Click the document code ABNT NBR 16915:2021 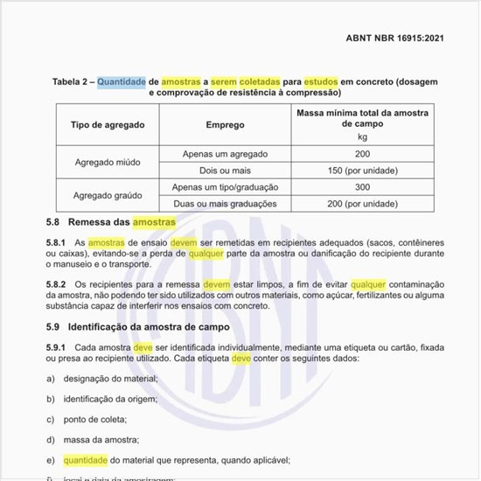pyautogui.click(x=396, y=38)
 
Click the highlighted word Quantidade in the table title pyautogui.click(x=121, y=81)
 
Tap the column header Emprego pyautogui.click(x=225, y=125)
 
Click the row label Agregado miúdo pyautogui.click(x=107, y=162)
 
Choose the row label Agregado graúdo pyautogui.click(x=107, y=195)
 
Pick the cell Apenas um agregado pyautogui.click(x=225, y=154)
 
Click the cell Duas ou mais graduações pyautogui.click(x=225, y=204)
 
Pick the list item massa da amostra pyautogui.click(x=101, y=439)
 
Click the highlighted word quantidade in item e pyautogui.click(x=85, y=459)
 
